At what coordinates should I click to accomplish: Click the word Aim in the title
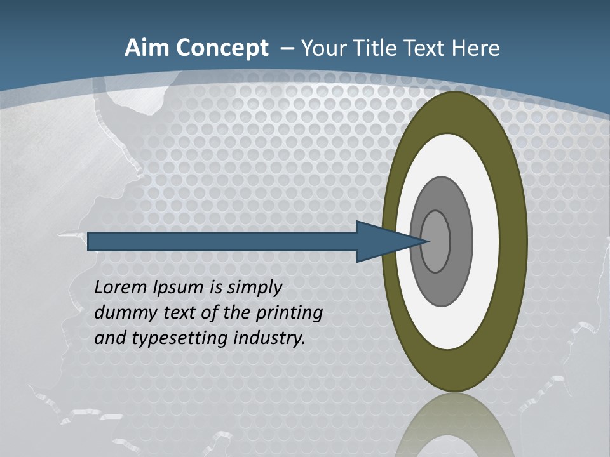tap(142, 48)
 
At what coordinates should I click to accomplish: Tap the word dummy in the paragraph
tap(123, 313)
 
